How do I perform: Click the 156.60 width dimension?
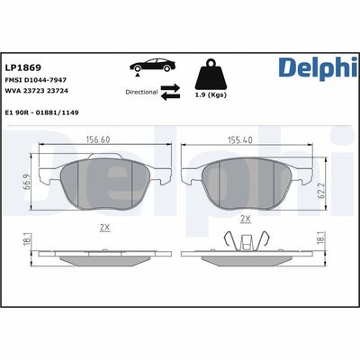point(111,139)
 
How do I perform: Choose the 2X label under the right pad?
point(245,219)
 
